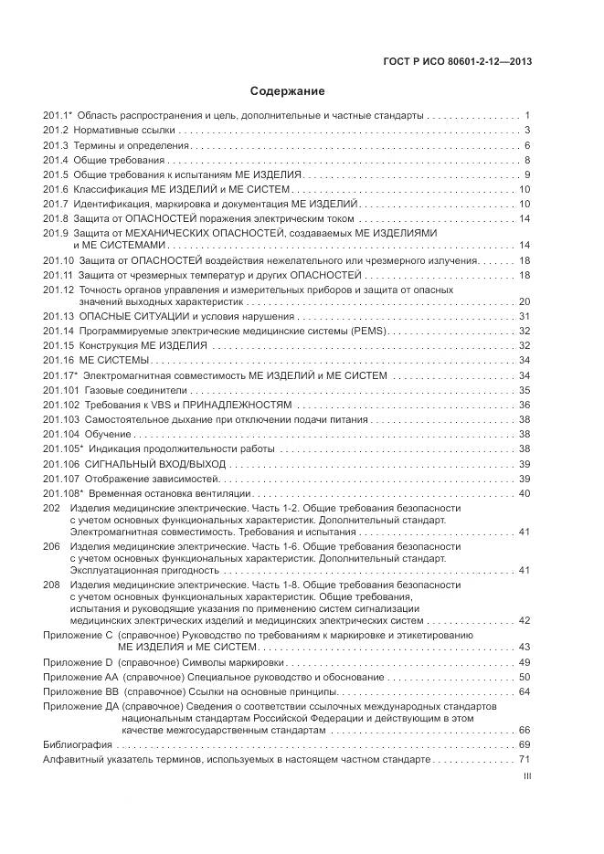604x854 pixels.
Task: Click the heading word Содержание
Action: pyautogui.click(x=288, y=91)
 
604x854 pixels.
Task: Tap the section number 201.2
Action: pyautogui.click(x=57, y=131)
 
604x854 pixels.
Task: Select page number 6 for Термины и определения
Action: pyautogui.click(x=527, y=146)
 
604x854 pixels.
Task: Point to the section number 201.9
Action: pyautogui.click(x=57, y=233)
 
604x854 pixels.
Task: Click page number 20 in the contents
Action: pyautogui.click(x=525, y=301)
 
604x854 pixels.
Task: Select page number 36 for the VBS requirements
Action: pyautogui.click(x=525, y=405)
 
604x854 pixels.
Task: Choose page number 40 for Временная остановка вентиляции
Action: pyautogui.click(x=525, y=493)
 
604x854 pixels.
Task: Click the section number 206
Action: pyautogui.click(x=52, y=546)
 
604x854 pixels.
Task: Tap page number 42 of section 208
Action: pyautogui.click(x=525, y=620)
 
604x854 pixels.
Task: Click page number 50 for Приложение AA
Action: pyautogui.click(x=525, y=677)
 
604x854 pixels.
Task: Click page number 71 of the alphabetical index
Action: pyautogui.click(x=525, y=760)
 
